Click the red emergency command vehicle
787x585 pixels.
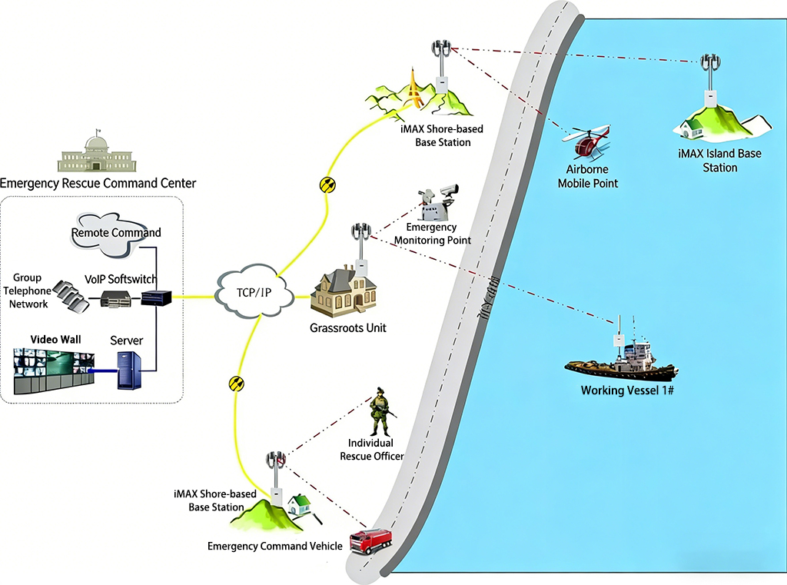370,540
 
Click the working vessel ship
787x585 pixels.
622,361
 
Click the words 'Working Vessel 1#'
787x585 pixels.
626,391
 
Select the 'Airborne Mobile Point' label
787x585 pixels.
587,176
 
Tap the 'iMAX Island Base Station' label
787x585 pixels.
719,160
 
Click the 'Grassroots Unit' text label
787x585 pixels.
348,328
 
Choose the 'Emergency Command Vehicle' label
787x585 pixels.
274,546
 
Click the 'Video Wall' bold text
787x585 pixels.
55,339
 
